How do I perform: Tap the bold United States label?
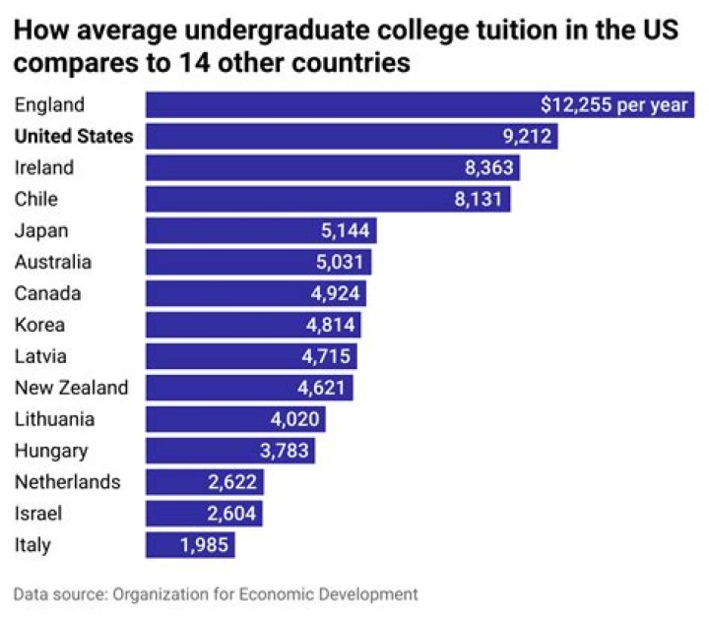pyautogui.click(x=74, y=137)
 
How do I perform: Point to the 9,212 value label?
pyautogui.click(x=528, y=137)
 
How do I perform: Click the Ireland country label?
pyautogui.click(x=44, y=168)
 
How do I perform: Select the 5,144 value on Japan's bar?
pyautogui.click(x=346, y=231)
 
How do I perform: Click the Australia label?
pyautogui.click(x=53, y=263)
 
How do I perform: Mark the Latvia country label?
pyautogui.click(x=41, y=357)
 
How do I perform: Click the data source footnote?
pyautogui.click(x=216, y=594)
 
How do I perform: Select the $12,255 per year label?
pyautogui.click(x=614, y=105)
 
